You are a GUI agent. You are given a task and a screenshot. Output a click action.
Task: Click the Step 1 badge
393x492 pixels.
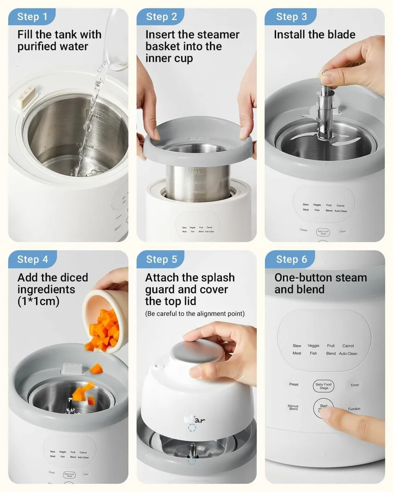[32, 17]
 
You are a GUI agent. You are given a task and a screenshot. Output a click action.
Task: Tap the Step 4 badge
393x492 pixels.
[32, 260]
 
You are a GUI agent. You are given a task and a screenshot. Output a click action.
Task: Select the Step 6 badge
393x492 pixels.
[291, 260]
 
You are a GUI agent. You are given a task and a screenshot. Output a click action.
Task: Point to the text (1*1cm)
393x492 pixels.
[38, 301]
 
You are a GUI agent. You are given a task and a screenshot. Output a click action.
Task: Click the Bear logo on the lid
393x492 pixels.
[194, 419]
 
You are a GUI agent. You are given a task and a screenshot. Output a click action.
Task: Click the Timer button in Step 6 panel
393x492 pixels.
[355, 385]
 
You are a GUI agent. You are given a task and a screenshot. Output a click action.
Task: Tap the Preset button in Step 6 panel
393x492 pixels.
[294, 385]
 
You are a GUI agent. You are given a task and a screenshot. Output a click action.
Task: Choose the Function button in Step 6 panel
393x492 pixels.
[355, 409]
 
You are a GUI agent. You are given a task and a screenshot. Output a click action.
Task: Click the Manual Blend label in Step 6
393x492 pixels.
[293, 407]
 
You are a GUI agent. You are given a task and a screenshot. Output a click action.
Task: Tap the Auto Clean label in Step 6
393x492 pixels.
[348, 353]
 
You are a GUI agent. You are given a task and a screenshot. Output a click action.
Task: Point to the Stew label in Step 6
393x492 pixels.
[297, 346]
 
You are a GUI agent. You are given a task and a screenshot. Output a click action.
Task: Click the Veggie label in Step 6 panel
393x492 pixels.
[314, 346]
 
